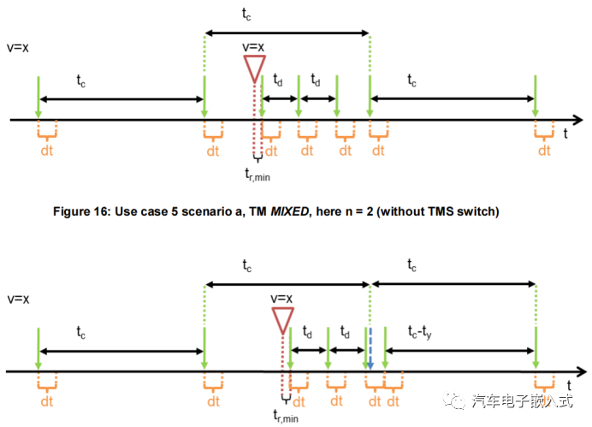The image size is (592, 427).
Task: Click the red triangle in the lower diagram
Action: (x=281, y=319)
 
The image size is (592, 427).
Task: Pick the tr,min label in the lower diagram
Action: (x=285, y=417)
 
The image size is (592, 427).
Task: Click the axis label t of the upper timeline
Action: (x=566, y=133)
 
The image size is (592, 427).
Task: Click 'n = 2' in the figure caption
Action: (x=382, y=211)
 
